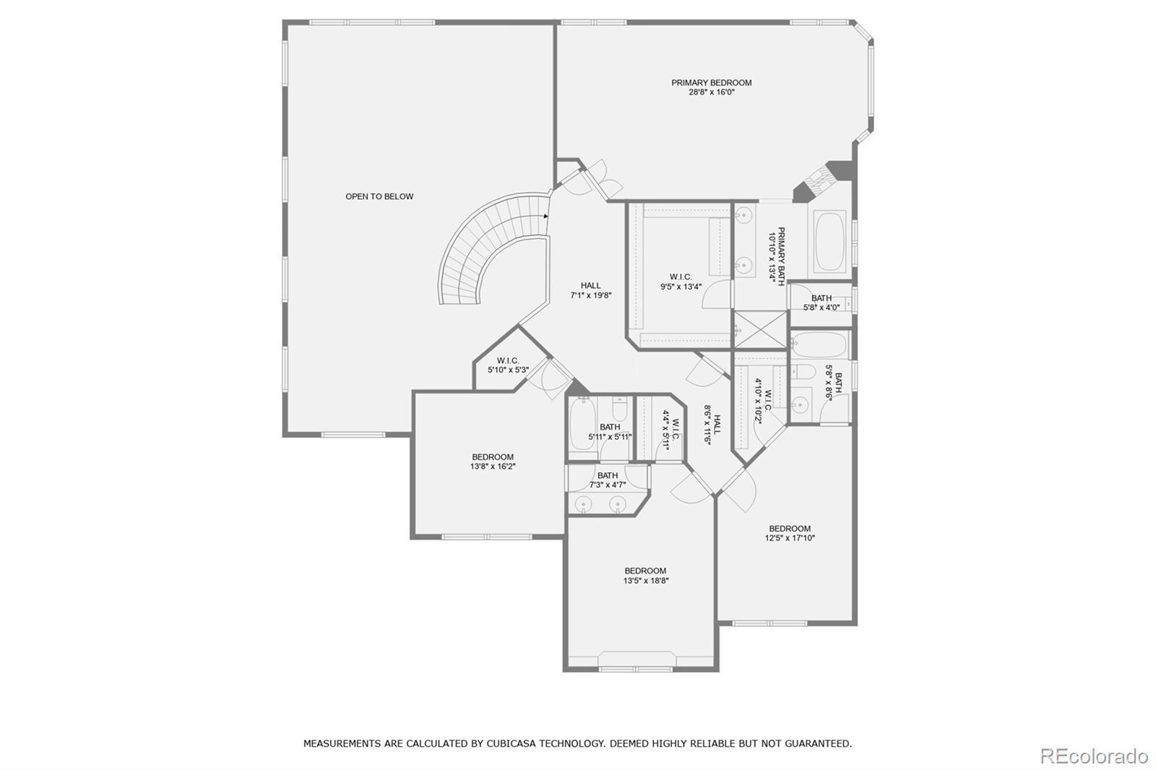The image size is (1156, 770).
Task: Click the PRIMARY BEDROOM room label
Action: point(711,82)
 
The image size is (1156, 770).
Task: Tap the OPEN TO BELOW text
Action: point(379,196)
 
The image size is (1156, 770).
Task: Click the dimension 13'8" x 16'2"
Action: point(493,467)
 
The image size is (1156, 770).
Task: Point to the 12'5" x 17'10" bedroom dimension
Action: point(790,537)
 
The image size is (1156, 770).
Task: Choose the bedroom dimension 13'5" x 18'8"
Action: point(646,580)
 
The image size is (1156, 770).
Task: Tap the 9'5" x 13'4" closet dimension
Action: point(681,287)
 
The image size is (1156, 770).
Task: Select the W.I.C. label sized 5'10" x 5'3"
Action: point(508,360)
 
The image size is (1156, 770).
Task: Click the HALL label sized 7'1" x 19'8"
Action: point(590,285)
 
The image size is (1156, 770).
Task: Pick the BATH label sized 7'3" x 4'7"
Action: point(608,475)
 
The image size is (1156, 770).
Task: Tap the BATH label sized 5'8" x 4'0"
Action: point(821,298)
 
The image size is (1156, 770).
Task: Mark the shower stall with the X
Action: point(760,329)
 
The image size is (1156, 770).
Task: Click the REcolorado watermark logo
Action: point(1094,756)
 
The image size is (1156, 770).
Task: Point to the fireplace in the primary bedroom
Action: point(821,181)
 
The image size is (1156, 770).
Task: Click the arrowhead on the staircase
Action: point(546,216)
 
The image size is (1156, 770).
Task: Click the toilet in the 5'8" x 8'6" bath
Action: point(803,371)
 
